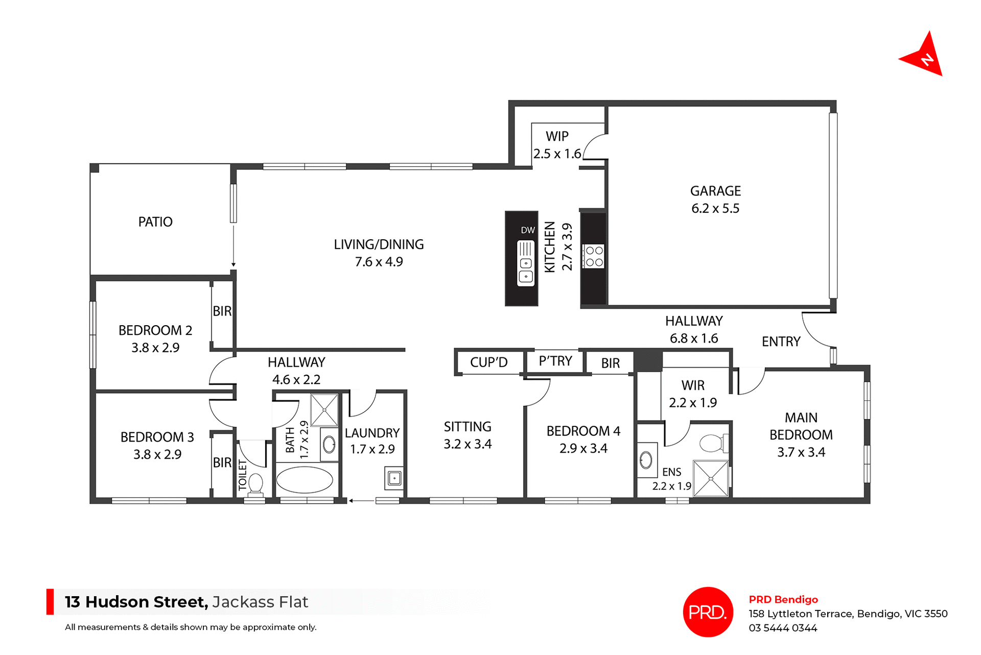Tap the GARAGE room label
[x=715, y=191]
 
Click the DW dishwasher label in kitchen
[x=528, y=231]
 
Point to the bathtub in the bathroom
[x=305, y=480]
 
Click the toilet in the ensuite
[x=712, y=443]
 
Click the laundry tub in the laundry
[x=394, y=479]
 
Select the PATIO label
[x=155, y=222]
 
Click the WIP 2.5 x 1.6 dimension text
[x=557, y=154]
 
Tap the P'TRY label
[x=555, y=362]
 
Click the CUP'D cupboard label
[x=488, y=363]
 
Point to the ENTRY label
[x=781, y=342]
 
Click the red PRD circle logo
[x=708, y=612]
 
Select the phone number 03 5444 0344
[x=783, y=628]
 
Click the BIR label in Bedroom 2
[x=222, y=311]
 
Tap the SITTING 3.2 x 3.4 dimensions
[x=468, y=444]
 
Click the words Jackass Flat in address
[x=260, y=602]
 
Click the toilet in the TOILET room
[x=255, y=484]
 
